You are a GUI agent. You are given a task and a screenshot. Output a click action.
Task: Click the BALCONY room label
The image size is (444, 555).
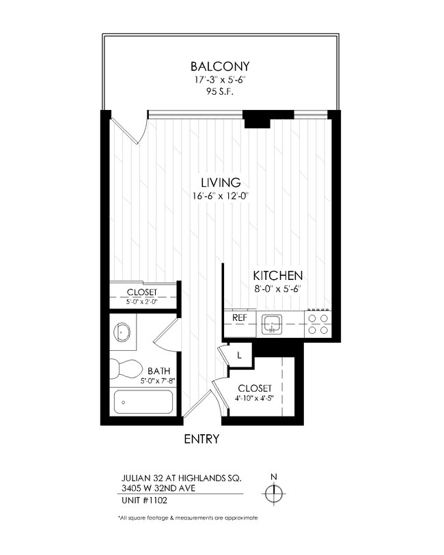(220, 66)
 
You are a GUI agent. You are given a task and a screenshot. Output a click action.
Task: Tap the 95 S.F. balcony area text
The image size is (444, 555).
(220, 93)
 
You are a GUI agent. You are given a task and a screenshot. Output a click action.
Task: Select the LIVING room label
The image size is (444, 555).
(220, 182)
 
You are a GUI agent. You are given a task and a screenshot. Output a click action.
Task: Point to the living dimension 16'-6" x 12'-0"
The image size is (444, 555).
(220, 197)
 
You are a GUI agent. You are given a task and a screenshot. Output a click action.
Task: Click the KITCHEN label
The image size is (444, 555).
(278, 276)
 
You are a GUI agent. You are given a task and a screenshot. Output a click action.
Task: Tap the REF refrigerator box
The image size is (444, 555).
(239, 318)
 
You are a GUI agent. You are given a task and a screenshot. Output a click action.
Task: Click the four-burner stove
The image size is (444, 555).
(317, 324)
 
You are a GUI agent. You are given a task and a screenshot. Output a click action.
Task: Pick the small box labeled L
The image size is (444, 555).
(240, 355)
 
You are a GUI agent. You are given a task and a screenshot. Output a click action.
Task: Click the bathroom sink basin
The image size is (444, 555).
(124, 332)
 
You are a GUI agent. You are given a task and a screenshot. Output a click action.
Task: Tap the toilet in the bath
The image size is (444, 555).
(126, 369)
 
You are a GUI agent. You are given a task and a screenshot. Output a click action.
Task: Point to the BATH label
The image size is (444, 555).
(158, 371)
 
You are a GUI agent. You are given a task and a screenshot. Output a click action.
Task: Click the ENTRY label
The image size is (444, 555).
(202, 439)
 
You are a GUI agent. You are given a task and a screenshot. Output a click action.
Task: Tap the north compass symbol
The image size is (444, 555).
(274, 492)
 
